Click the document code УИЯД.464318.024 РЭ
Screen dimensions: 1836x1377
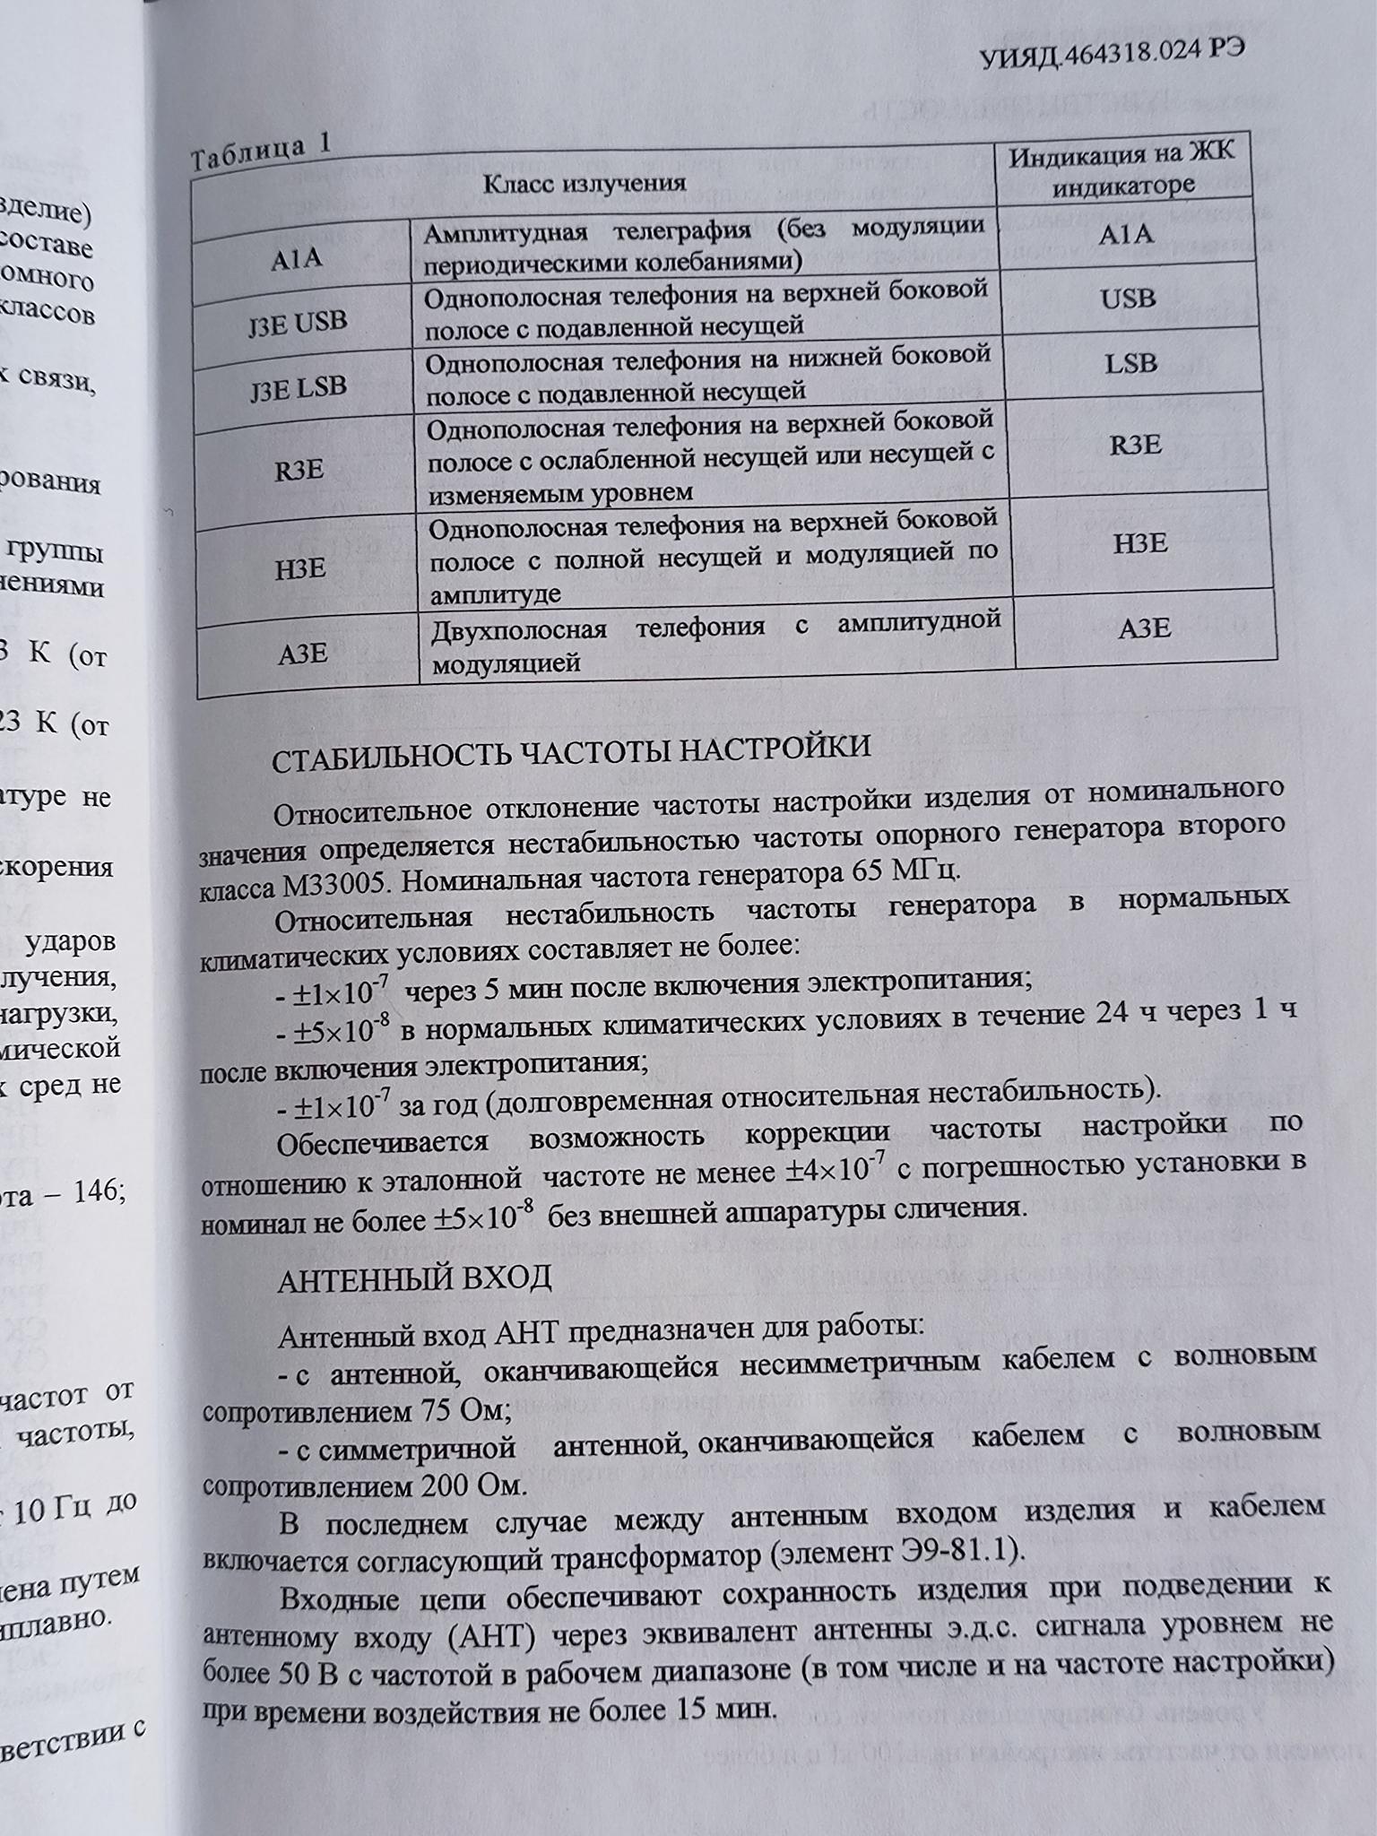click(x=1112, y=56)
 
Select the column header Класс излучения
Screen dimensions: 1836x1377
click(x=585, y=183)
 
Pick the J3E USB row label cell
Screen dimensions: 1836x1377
click(x=298, y=323)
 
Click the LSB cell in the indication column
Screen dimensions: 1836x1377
click(x=1130, y=363)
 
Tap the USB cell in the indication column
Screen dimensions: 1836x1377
click(x=1128, y=298)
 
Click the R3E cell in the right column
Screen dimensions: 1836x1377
click(x=1135, y=445)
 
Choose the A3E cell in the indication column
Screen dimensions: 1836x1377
click(x=1145, y=628)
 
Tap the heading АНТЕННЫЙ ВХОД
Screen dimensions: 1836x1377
click(x=414, y=1279)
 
